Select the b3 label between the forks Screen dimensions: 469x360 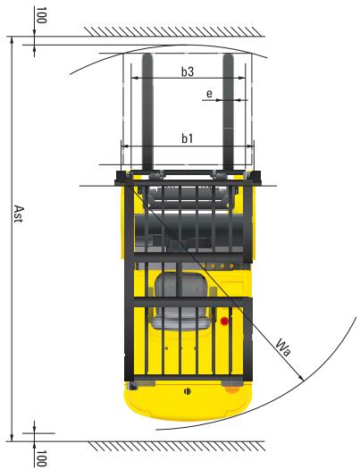187,71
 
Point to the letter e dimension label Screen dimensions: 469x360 208,92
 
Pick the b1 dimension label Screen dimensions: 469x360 187,138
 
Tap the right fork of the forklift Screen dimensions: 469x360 228,116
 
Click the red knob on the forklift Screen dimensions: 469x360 225,319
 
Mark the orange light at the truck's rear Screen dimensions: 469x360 233,388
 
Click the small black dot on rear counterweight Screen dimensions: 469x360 186,392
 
